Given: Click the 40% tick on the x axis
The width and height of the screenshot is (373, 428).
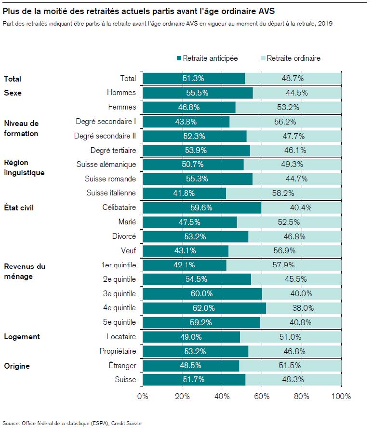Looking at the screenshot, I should pos(222,397).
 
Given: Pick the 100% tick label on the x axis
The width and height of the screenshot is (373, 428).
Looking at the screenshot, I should pos(341,397).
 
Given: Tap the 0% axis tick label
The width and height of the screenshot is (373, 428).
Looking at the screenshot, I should pos(143,397).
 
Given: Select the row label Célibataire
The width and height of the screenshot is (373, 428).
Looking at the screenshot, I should pos(119,207).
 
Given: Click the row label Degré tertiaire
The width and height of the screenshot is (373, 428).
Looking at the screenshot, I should pos(113,151).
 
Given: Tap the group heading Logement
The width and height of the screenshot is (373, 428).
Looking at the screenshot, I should pos(22,336).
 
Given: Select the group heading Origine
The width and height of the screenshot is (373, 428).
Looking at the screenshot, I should pos(17,366).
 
